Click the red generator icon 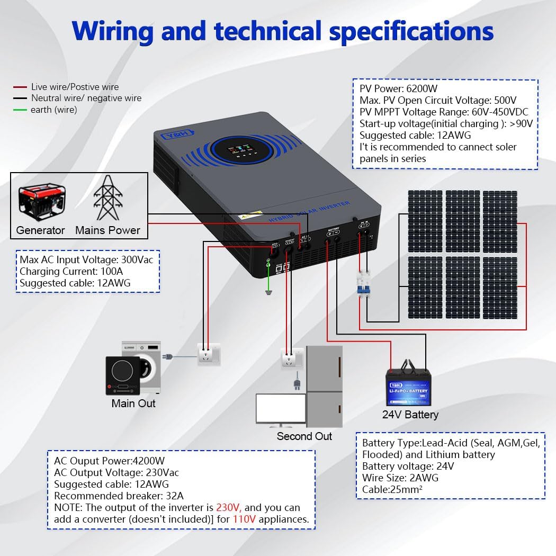(42, 202)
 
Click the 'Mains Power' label (107, 230)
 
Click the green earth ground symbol (268, 293)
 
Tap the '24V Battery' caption (410, 415)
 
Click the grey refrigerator (324, 387)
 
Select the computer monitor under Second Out (280, 409)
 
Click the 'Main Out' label (133, 403)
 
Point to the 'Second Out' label (304, 436)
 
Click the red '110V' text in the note (244, 519)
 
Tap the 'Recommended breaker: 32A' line (119, 496)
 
